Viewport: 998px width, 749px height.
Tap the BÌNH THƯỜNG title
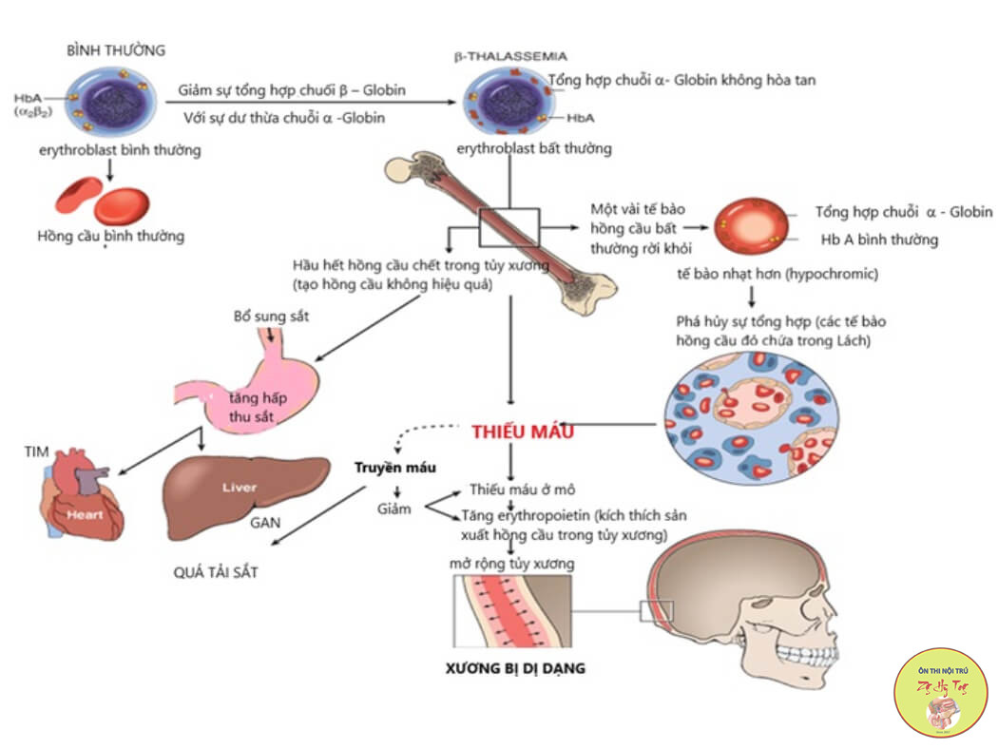coord(116,48)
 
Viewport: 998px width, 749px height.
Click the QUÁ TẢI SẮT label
coord(216,572)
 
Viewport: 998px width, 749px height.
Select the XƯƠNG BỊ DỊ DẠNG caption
coord(515,668)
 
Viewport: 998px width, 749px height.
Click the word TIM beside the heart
coord(35,449)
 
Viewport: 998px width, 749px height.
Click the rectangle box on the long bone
coord(509,228)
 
